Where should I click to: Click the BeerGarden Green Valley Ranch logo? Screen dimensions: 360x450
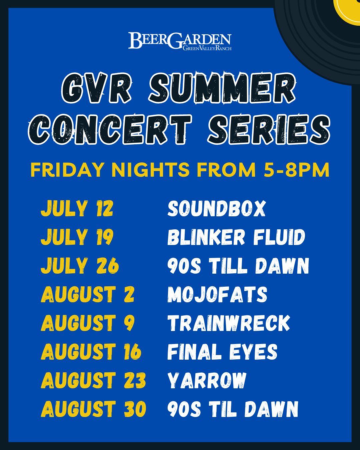point(180,41)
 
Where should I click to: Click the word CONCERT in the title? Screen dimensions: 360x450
point(110,129)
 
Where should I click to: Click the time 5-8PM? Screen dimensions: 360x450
point(296,170)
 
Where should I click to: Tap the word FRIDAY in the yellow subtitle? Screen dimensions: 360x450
point(67,170)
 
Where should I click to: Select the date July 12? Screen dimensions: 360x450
point(77,208)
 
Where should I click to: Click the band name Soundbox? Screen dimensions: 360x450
point(217,208)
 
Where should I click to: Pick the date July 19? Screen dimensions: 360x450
point(77,237)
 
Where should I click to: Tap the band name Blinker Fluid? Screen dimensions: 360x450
point(236,237)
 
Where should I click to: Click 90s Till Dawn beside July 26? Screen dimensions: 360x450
point(238,266)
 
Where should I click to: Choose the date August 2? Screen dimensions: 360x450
point(87,294)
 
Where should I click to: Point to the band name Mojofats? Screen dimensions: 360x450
point(217,294)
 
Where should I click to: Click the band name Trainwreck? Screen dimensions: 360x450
point(229,323)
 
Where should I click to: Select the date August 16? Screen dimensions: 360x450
point(91,352)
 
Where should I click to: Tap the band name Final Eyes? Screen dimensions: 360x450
point(222,352)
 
